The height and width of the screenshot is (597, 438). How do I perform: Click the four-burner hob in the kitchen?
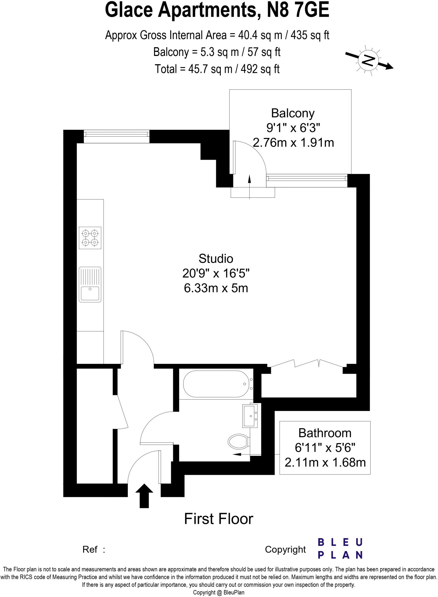(90, 238)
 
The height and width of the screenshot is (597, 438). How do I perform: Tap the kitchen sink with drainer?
(90, 284)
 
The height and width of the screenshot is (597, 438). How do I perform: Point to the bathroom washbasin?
(250, 416)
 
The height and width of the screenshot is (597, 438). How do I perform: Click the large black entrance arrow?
(144, 496)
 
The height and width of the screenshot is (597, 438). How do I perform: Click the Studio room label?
(216, 259)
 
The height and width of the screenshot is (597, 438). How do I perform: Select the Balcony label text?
(293, 113)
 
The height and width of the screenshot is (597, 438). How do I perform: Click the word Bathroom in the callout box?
(325, 433)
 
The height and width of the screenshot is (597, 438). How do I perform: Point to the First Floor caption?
(219, 519)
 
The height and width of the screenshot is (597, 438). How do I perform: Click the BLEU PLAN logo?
(340, 549)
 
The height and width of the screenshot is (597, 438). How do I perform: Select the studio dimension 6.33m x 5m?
(216, 288)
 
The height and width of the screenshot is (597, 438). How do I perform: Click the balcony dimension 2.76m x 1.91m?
(293, 143)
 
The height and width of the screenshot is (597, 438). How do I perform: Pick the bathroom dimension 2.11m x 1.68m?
(325, 462)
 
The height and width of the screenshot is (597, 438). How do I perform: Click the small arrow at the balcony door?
(250, 187)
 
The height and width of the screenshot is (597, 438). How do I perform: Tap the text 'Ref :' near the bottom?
(93, 549)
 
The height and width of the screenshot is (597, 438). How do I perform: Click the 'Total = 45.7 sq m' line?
(217, 69)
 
